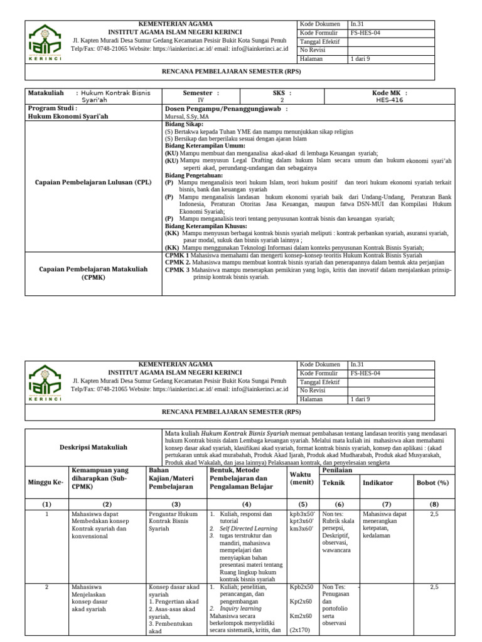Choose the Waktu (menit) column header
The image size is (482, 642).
click(x=302, y=478)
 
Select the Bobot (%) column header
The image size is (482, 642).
click(x=433, y=483)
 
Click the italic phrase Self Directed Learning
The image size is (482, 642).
click(x=250, y=529)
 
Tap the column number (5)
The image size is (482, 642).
click(x=303, y=505)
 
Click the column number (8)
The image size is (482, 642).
click(x=433, y=505)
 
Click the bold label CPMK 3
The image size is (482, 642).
click(x=177, y=270)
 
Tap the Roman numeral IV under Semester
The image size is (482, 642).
click(x=201, y=100)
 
